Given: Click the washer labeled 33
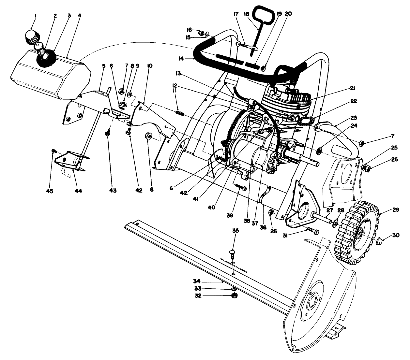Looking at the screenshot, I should [x=234, y=289].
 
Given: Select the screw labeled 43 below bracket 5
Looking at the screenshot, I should [x=108, y=133].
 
